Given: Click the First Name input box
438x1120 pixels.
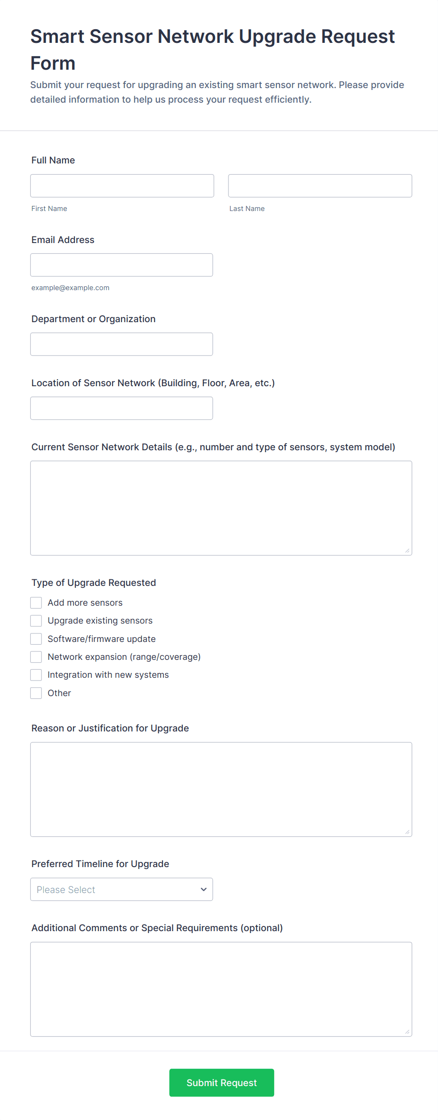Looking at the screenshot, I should click(122, 186).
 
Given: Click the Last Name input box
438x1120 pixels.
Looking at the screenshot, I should click(320, 186).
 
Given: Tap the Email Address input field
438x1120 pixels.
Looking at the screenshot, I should click(122, 265).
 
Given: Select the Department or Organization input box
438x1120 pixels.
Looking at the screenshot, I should click(122, 344).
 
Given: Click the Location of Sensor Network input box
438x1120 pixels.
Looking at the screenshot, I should click(122, 408).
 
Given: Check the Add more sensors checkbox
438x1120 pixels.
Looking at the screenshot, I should click(36, 603).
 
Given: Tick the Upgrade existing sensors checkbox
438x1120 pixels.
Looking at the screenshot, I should click(36, 621).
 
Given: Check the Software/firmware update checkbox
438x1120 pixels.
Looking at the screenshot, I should click(36, 639).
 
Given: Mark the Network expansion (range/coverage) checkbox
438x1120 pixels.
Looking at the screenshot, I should click(36, 657).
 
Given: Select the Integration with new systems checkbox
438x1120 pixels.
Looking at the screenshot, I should click(36, 675).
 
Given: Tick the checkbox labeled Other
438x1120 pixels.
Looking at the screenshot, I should click(36, 693).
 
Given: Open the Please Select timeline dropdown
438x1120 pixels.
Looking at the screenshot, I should click(122, 889).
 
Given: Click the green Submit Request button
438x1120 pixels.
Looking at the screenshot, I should click(221, 1082).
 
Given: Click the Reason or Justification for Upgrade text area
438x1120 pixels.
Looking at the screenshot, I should click(221, 789).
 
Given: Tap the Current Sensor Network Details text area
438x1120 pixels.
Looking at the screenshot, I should click(221, 508).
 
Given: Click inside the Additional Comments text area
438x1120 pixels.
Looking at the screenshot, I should click(221, 989).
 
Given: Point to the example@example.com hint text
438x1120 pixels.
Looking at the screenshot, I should click(70, 288).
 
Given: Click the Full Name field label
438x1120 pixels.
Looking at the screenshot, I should click(53, 160).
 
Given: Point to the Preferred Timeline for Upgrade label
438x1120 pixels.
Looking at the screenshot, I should click(100, 864).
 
